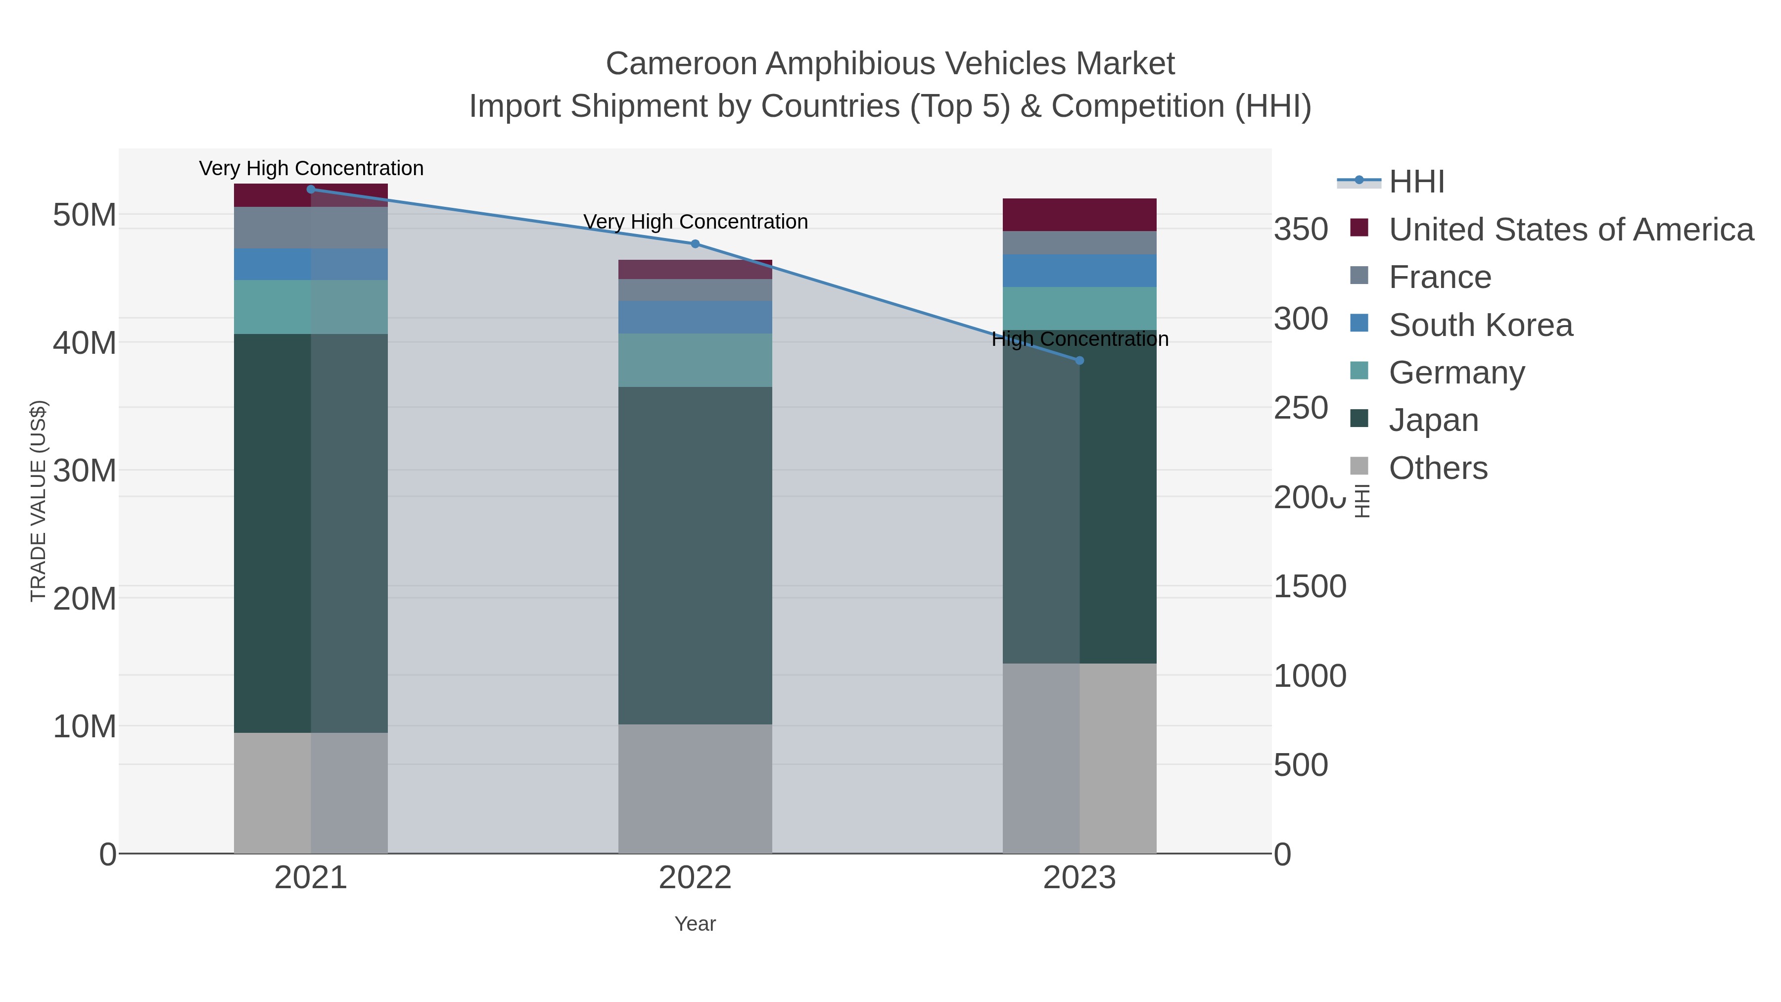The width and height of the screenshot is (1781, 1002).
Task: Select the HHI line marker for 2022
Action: click(695, 244)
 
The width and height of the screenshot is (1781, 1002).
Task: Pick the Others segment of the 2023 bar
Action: click(1080, 758)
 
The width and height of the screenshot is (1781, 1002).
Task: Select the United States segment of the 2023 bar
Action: click(1080, 215)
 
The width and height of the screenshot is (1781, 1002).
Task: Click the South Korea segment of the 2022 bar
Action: click(695, 317)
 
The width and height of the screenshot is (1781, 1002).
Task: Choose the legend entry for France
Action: click(1440, 277)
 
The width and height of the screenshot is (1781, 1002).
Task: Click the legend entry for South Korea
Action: click(1480, 325)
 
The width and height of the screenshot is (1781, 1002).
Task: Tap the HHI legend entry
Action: click(1416, 182)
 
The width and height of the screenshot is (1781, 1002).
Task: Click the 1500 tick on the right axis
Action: click(1310, 586)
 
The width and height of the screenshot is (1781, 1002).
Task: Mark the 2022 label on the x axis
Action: click(695, 878)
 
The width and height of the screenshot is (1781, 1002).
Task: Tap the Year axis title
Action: click(695, 924)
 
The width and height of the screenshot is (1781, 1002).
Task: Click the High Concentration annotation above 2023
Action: click(1080, 339)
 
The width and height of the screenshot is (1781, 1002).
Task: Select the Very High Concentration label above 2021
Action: click(311, 169)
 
